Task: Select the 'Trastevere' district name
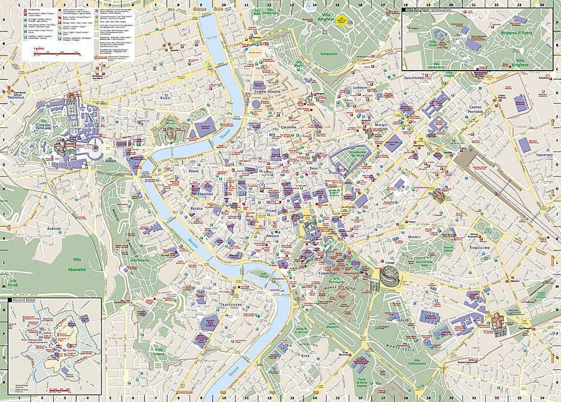tap(231, 304)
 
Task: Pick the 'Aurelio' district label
tap(54, 229)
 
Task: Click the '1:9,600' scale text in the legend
tap(39, 49)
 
